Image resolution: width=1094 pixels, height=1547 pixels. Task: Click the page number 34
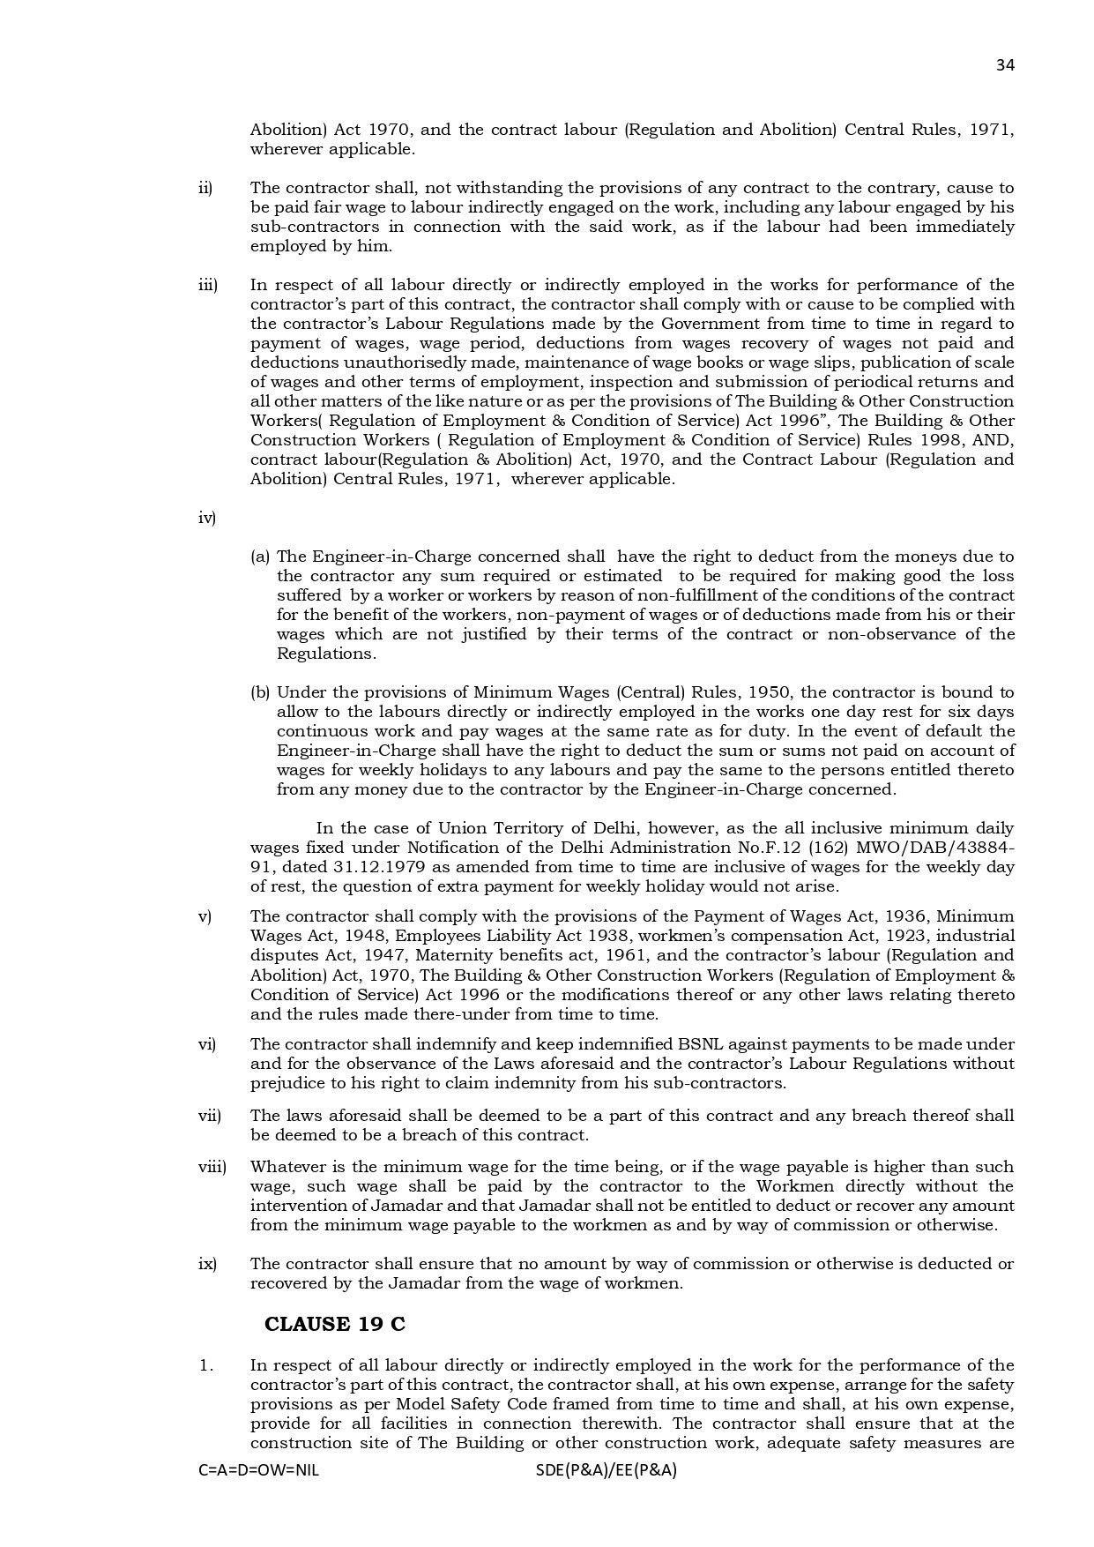[1005, 65]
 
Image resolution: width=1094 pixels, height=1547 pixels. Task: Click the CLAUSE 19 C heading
[335, 1324]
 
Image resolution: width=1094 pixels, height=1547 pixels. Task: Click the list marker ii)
[205, 188]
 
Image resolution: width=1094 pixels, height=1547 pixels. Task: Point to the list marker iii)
[207, 285]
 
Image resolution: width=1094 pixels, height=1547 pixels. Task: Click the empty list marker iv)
[207, 518]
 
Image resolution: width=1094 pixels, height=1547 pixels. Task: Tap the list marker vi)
[206, 1044]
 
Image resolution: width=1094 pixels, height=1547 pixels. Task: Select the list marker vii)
[209, 1116]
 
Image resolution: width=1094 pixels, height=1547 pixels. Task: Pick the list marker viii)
[212, 1167]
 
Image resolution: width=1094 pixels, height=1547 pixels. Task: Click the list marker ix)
[207, 1264]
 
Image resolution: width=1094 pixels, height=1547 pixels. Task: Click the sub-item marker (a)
[260, 557]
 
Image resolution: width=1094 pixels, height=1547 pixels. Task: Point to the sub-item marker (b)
[260, 692]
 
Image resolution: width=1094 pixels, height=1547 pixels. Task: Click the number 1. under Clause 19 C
[206, 1365]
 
